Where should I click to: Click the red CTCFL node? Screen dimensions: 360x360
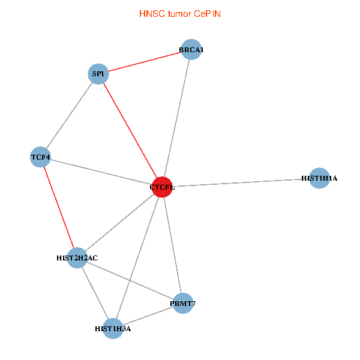click(x=163, y=187)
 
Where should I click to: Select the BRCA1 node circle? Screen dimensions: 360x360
click(x=191, y=50)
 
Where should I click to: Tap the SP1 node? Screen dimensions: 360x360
click(x=98, y=74)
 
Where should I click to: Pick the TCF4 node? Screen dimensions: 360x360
click(x=41, y=158)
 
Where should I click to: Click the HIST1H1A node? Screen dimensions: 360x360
click(x=320, y=178)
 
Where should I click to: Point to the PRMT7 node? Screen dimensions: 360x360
click(x=182, y=304)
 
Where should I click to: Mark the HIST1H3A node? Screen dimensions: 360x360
click(x=113, y=328)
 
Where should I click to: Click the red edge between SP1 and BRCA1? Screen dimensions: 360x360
click(x=144, y=62)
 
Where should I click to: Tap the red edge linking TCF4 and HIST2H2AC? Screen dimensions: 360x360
click(x=59, y=208)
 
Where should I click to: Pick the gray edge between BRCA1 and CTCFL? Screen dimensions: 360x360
click(x=177, y=118)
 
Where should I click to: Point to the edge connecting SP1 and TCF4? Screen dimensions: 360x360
click(x=69, y=116)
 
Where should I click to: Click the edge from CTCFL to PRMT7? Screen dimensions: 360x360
click(x=172, y=245)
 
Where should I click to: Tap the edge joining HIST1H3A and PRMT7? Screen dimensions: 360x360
click(x=148, y=316)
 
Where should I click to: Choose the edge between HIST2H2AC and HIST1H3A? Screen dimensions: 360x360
click(x=95, y=293)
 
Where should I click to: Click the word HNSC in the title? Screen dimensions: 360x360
click(x=150, y=13)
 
